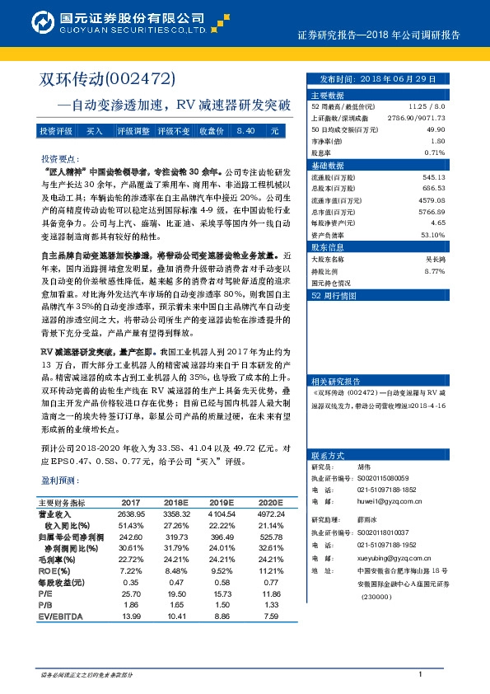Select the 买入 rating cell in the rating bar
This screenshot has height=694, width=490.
[x=95, y=131]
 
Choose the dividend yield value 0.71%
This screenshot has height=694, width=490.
[x=434, y=152]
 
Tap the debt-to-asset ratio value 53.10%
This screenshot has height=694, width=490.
[x=432, y=234]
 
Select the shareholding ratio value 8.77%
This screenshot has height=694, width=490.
[x=434, y=270]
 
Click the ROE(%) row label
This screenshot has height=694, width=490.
[x=53, y=570]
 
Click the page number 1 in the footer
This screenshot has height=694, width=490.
[x=421, y=675]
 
